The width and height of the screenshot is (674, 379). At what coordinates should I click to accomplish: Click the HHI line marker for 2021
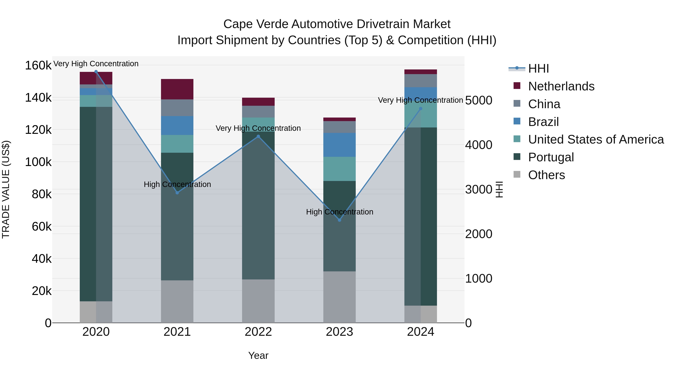(x=177, y=193)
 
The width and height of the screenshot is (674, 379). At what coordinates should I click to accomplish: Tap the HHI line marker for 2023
(x=339, y=220)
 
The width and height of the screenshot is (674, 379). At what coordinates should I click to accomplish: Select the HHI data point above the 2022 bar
(x=258, y=136)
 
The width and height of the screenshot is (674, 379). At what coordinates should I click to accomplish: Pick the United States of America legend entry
(x=596, y=139)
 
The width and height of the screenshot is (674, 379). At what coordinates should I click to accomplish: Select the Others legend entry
(x=546, y=175)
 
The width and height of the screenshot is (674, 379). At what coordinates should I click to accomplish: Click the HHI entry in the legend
(x=538, y=69)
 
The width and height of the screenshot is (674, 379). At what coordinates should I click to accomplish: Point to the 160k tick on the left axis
(x=38, y=65)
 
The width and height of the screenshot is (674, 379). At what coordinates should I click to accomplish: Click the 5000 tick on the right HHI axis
(x=479, y=101)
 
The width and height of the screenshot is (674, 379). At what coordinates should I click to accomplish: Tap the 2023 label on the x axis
(x=339, y=332)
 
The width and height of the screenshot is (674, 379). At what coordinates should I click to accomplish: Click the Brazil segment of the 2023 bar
(x=339, y=145)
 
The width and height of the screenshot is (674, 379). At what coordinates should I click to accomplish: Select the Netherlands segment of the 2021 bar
(x=177, y=89)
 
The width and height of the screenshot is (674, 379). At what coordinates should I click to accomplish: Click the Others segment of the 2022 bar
(x=258, y=301)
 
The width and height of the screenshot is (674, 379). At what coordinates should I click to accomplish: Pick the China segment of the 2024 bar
(x=421, y=80)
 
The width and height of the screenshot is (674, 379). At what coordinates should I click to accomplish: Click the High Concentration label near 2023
(x=339, y=212)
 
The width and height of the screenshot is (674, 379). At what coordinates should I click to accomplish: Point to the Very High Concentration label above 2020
(x=96, y=64)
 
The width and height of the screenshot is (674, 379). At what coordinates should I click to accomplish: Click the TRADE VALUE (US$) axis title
(x=6, y=189)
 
